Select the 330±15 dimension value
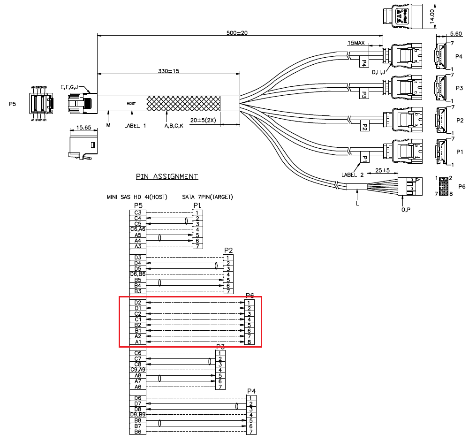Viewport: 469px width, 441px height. [169, 71]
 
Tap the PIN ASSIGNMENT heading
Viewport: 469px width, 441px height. [167, 176]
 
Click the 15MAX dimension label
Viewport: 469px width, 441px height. [356, 43]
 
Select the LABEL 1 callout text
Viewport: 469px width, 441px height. [135, 126]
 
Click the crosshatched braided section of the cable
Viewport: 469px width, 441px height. [183, 103]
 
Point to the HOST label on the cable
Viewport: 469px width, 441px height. [132, 103]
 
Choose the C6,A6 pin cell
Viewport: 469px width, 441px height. [137, 229]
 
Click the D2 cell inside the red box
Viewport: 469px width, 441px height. [137, 302]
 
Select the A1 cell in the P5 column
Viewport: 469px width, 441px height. [137, 342]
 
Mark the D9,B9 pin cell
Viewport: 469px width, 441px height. [137, 415]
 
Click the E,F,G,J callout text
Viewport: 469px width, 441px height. [69, 87]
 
